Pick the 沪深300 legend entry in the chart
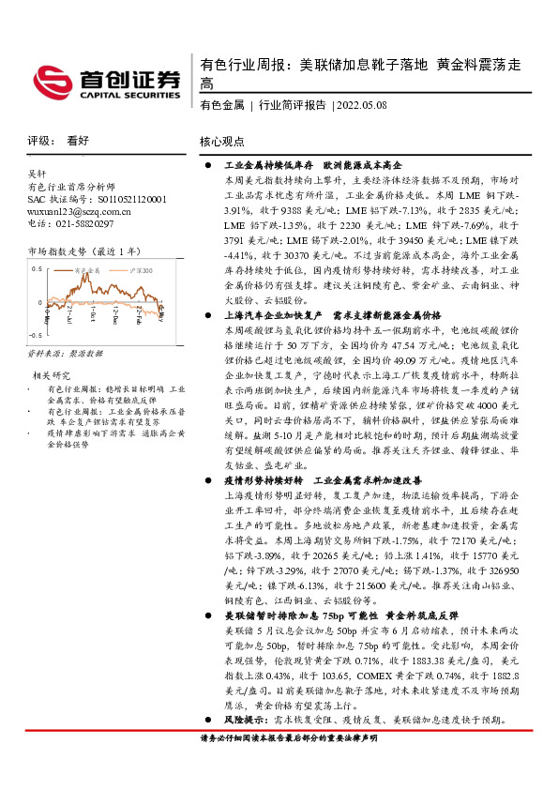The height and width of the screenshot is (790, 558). [x=127, y=269]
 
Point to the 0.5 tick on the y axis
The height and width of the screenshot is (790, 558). [x=37, y=268]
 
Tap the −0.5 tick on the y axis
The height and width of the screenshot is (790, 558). [x=36, y=334]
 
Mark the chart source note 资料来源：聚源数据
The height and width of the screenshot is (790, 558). [x=64, y=354]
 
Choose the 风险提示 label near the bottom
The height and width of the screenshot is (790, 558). [x=243, y=720]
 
